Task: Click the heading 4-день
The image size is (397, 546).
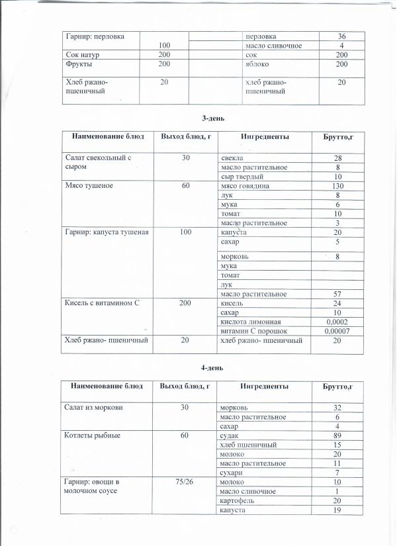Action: click(213, 367)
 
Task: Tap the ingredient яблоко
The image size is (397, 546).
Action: click(234, 64)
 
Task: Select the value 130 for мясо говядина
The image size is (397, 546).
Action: click(337, 187)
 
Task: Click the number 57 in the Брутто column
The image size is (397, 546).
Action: click(337, 293)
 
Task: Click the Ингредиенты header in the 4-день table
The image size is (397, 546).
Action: click(264, 386)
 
